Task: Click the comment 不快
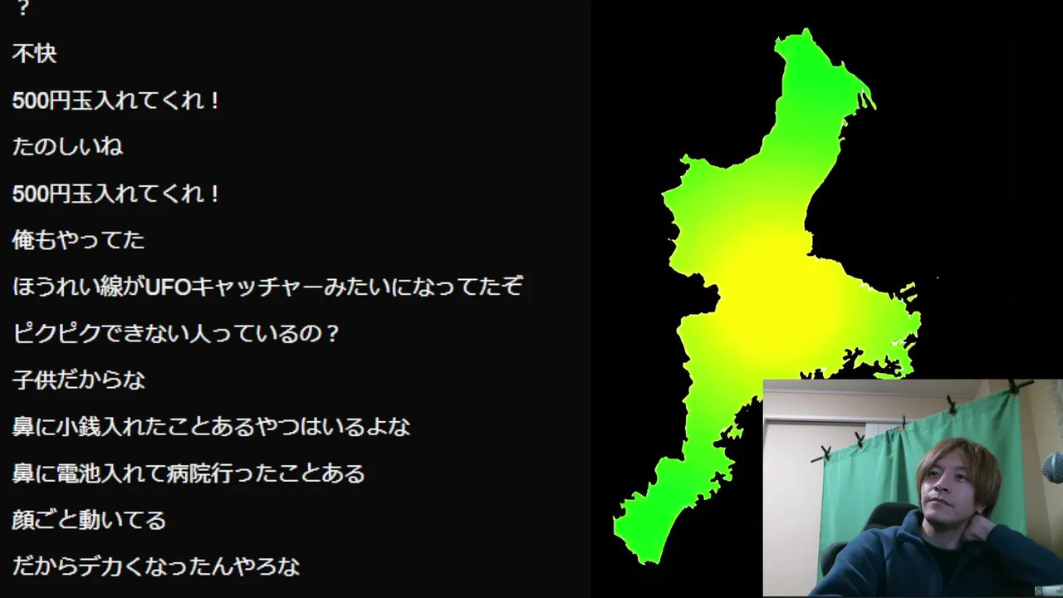[34, 54]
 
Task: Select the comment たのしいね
[67, 147]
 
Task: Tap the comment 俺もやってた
[78, 240]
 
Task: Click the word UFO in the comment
[168, 287]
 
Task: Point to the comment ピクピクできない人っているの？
[175, 333]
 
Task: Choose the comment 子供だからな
[78, 380]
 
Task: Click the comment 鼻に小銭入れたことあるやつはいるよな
[211, 426]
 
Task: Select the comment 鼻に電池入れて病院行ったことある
[189, 473]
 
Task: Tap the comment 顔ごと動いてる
[89, 520]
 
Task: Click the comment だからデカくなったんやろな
[156, 566]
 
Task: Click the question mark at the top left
[22, 8]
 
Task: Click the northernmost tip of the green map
[806, 29]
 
